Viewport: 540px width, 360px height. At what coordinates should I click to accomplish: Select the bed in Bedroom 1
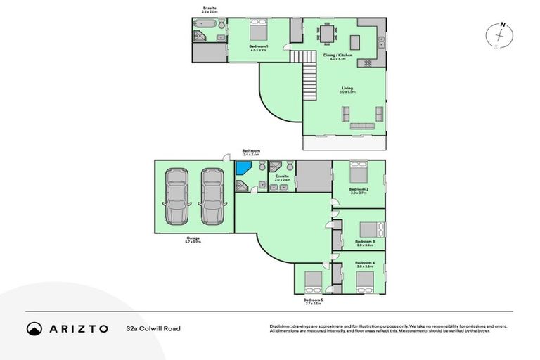pos(257,31)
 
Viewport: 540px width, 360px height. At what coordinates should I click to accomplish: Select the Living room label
pos(346,89)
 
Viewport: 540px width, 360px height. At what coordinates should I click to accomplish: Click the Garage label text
pos(193,239)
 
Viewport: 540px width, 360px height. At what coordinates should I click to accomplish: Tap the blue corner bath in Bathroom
pos(244,169)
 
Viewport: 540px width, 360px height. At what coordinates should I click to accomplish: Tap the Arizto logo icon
pos(34,328)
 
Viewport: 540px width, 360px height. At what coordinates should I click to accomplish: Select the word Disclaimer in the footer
pos(282,326)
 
